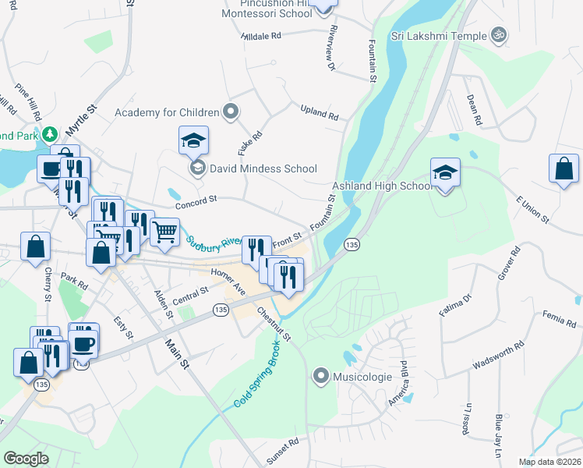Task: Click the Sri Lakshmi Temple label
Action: click(438, 35)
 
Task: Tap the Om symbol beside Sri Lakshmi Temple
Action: click(498, 35)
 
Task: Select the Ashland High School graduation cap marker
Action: click(445, 172)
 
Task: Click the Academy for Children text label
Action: click(166, 112)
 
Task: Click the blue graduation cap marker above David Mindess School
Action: click(193, 140)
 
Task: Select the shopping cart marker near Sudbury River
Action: click(164, 232)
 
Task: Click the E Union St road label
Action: click(532, 208)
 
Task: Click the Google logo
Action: click(26, 459)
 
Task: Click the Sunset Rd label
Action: click(282, 452)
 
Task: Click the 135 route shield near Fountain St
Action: click(352, 244)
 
